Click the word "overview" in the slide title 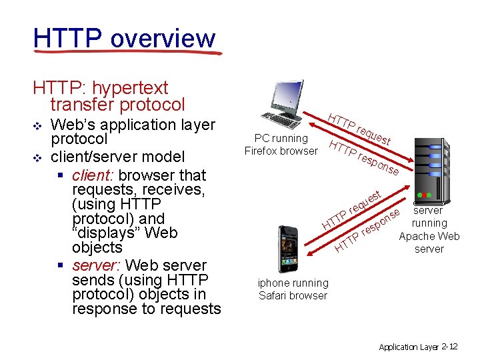[x=163, y=39]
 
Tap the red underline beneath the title [x=127, y=54]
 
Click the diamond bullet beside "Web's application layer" [x=37, y=125]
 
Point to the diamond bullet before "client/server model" [x=37, y=157]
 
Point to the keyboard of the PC [x=281, y=123]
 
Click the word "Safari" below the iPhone [x=275, y=295]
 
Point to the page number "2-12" [x=449, y=347]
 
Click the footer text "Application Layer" [x=408, y=347]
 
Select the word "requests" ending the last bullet [x=191, y=309]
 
